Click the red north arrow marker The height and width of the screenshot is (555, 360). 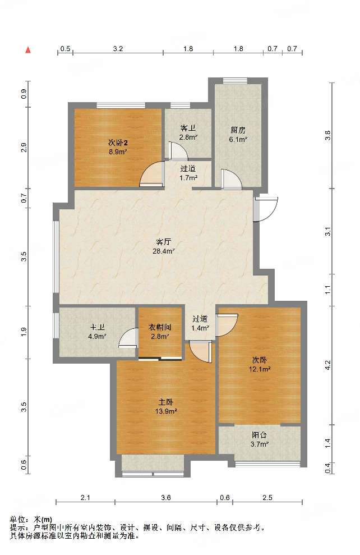[x=28, y=49]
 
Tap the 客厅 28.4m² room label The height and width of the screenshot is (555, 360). [x=164, y=247]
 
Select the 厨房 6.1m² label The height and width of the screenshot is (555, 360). [x=237, y=135]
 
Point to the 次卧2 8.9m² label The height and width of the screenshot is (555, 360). [x=118, y=147]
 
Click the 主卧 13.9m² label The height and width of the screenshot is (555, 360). [x=165, y=407]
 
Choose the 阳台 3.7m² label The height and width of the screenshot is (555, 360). [x=259, y=439]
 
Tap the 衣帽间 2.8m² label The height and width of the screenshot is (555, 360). [x=159, y=331]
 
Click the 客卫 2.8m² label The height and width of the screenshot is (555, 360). [x=188, y=132]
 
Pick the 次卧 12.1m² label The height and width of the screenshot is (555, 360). [x=260, y=365]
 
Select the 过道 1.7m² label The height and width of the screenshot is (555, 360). [x=188, y=173]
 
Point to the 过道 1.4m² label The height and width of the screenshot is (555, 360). [x=200, y=323]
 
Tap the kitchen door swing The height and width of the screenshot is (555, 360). [x=231, y=179]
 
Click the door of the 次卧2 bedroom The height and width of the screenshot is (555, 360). [x=152, y=174]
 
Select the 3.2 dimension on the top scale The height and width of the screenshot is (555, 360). [x=118, y=48]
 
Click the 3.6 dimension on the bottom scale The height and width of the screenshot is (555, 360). [x=166, y=498]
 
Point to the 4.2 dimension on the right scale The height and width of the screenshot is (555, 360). [x=328, y=365]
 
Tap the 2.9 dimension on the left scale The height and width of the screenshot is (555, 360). [x=24, y=148]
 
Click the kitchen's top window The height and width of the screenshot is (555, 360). [x=235, y=81]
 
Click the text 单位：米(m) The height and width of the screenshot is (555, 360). [x=31, y=520]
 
